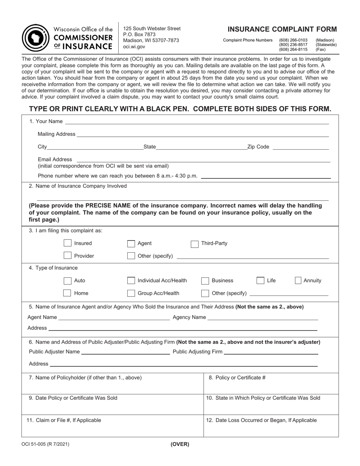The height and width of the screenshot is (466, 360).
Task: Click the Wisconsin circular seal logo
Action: pyautogui.click(x=34, y=38)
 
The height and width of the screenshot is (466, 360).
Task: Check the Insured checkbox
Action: pyautogui.click(x=67, y=243)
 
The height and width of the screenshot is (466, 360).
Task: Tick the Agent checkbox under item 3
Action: pyautogui.click(x=131, y=244)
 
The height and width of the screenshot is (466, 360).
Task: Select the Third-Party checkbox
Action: pyautogui.click(x=194, y=244)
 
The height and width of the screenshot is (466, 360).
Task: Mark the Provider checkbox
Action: pyautogui.click(x=67, y=256)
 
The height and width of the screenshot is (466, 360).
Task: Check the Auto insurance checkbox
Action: pyautogui.click(x=67, y=281)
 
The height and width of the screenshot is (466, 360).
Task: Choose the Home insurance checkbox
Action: pyautogui.click(x=67, y=293)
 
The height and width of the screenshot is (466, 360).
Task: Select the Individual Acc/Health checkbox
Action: pyautogui.click(x=131, y=281)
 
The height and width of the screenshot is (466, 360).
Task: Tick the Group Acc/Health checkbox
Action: pyautogui.click(x=131, y=293)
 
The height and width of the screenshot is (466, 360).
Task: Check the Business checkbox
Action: pyautogui.click(x=205, y=281)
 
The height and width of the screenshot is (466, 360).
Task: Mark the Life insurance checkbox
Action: pyautogui.click(x=260, y=281)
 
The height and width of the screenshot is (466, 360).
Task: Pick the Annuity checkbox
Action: pyautogui.click(x=299, y=281)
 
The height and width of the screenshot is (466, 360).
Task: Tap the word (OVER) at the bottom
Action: pyautogui.click(x=180, y=444)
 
